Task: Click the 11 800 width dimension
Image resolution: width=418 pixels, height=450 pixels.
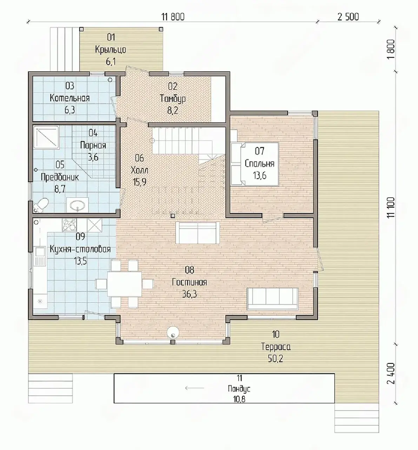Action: [173, 17]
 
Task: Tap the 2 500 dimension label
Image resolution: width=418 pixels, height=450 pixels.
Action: [348, 17]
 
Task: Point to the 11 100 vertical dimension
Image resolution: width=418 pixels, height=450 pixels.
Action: [391, 207]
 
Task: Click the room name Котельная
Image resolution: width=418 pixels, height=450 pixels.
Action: [70, 98]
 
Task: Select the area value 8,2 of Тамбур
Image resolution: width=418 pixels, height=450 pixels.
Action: [173, 111]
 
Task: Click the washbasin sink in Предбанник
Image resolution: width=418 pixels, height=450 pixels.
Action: [78, 205]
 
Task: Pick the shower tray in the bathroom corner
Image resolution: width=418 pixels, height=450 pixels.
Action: [46, 137]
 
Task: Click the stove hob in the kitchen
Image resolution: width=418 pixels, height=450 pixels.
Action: [69, 225]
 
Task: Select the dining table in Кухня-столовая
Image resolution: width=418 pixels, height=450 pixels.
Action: [124, 284]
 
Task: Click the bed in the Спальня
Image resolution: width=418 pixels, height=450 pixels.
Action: [254, 164]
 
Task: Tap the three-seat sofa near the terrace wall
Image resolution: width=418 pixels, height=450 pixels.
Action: [272, 298]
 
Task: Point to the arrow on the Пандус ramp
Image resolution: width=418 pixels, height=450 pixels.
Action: [194, 388]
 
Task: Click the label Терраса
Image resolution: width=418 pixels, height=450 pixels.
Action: [276, 347]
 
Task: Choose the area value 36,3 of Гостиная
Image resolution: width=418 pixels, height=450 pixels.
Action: [190, 294]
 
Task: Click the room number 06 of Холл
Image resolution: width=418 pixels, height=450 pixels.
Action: [139, 158]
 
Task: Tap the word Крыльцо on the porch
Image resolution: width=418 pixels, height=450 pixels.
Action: [111, 50]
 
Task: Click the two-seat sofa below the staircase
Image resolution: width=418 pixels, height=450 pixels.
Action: [198, 233]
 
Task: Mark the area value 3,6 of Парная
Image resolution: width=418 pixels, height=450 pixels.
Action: [93, 157]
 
